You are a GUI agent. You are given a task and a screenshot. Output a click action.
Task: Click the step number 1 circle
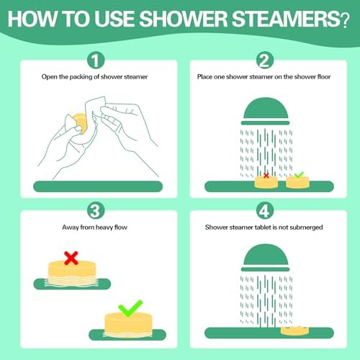[96, 60]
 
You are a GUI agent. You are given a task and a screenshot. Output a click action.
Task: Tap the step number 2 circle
[265, 60]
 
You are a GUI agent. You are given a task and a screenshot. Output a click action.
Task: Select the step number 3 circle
[96, 211]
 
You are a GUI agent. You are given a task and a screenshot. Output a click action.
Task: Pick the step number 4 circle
[265, 211]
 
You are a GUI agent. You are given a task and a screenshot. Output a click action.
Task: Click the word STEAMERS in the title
[286, 19]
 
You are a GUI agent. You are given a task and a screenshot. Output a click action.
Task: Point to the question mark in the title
[345, 21]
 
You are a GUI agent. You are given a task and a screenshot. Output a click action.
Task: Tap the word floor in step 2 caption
[324, 77]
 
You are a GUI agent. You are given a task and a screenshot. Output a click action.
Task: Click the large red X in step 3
[71, 258]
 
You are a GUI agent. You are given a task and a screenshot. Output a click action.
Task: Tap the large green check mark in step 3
[130, 308]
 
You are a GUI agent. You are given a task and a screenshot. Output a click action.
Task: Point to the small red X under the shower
[266, 176]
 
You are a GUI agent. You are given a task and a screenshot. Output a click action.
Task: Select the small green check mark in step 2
[299, 175]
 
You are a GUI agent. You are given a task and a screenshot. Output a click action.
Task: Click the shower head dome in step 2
[266, 108]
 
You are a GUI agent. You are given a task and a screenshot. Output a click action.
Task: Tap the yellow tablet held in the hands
[81, 123]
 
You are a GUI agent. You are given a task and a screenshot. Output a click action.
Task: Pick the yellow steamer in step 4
[294, 330]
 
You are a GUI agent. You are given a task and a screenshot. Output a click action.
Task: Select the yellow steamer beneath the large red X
[72, 271]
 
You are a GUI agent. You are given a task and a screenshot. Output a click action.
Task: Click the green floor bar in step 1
[98, 186]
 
